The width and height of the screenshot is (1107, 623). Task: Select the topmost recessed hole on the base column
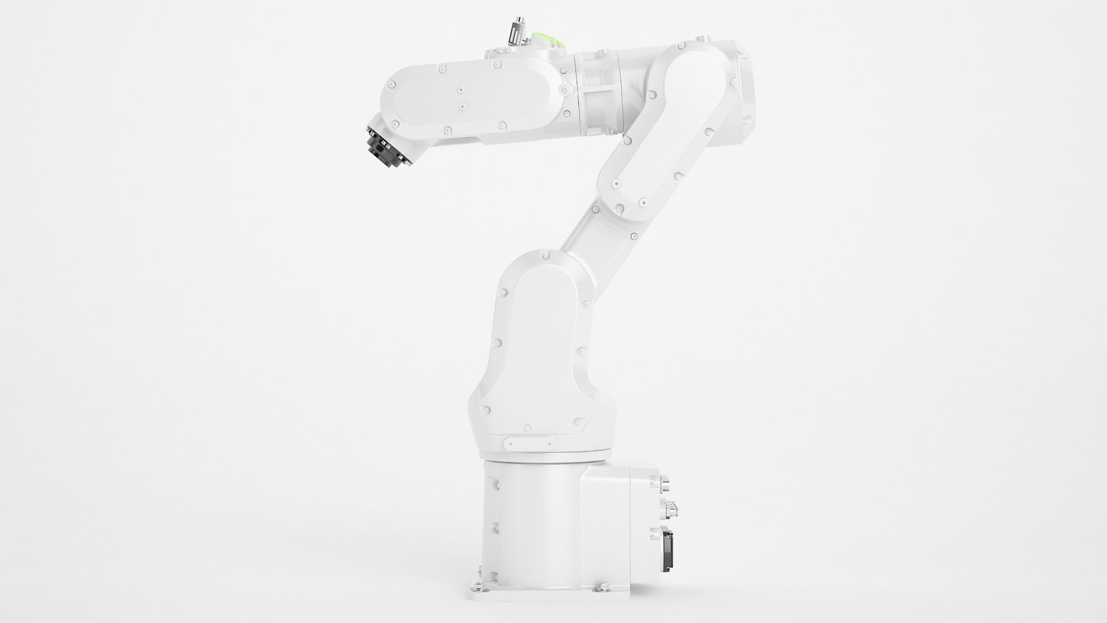[494, 478]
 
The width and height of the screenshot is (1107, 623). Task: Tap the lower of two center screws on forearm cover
[462, 107]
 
